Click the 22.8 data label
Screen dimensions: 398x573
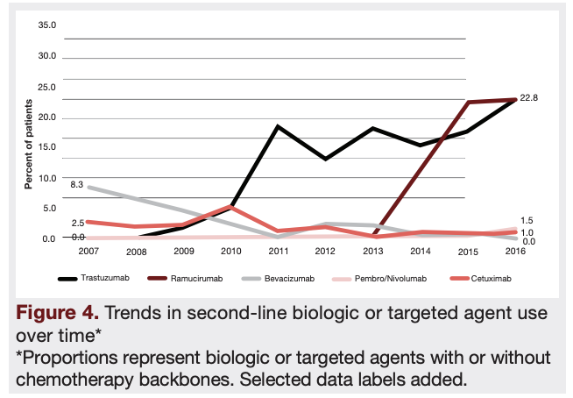(x=528, y=98)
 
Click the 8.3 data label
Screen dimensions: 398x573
(x=76, y=185)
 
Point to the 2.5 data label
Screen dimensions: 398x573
(x=77, y=223)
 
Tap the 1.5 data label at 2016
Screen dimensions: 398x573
(x=527, y=221)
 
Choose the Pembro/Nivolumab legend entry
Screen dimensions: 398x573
(x=396, y=279)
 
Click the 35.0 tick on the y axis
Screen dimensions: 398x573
(x=47, y=25)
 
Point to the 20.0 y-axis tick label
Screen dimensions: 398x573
(x=47, y=117)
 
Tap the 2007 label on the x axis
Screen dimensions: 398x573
(x=88, y=251)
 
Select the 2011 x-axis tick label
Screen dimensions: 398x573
(x=278, y=251)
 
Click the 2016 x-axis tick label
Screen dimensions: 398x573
(x=514, y=251)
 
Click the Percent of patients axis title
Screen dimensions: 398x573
(x=28, y=143)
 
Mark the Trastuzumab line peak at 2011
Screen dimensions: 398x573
(x=278, y=126)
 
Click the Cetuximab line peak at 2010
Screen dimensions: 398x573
(x=230, y=207)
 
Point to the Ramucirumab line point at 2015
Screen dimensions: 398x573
(x=468, y=103)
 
